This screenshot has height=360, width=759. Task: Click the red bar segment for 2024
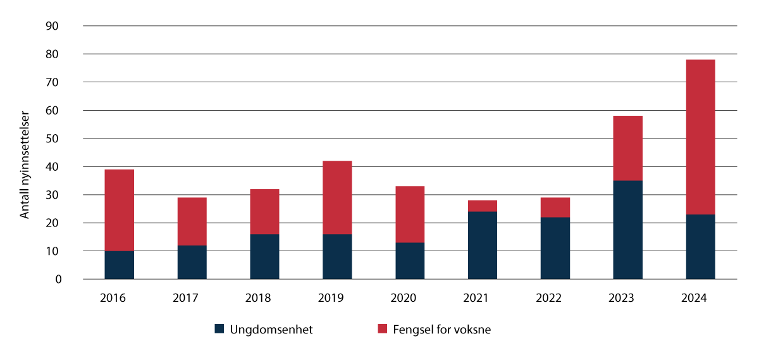pos(700,137)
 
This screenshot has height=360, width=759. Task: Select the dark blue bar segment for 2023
pos(627,230)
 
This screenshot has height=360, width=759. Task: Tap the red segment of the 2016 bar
pos(119,210)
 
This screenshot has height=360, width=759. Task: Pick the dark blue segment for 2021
pos(483,245)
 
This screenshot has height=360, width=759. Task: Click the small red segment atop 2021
pos(483,206)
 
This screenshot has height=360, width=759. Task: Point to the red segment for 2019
pos(337,197)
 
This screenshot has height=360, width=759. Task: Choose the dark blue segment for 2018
pos(264,256)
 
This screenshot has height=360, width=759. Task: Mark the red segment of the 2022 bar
pos(555,208)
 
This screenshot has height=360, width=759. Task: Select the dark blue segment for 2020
pos(410,261)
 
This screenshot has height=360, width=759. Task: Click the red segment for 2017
pos(192,221)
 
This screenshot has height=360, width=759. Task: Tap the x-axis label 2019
pos(337,297)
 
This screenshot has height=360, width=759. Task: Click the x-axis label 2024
pos(700,297)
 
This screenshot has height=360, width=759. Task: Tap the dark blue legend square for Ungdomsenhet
pos(219,329)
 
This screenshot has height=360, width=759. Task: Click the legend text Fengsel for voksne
pos(441,329)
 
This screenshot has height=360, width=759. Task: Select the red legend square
pos(382,329)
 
